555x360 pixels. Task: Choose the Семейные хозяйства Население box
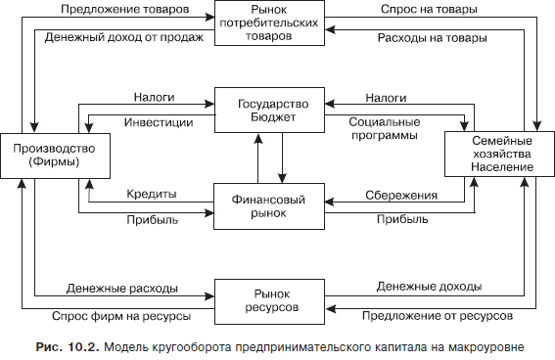[493, 157]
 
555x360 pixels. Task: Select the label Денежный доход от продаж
[118, 39]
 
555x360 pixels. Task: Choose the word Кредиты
[151, 195]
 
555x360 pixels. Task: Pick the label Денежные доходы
[427, 288]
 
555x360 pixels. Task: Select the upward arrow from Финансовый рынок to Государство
[257, 156]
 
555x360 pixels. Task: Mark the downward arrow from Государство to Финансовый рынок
[283, 156]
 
